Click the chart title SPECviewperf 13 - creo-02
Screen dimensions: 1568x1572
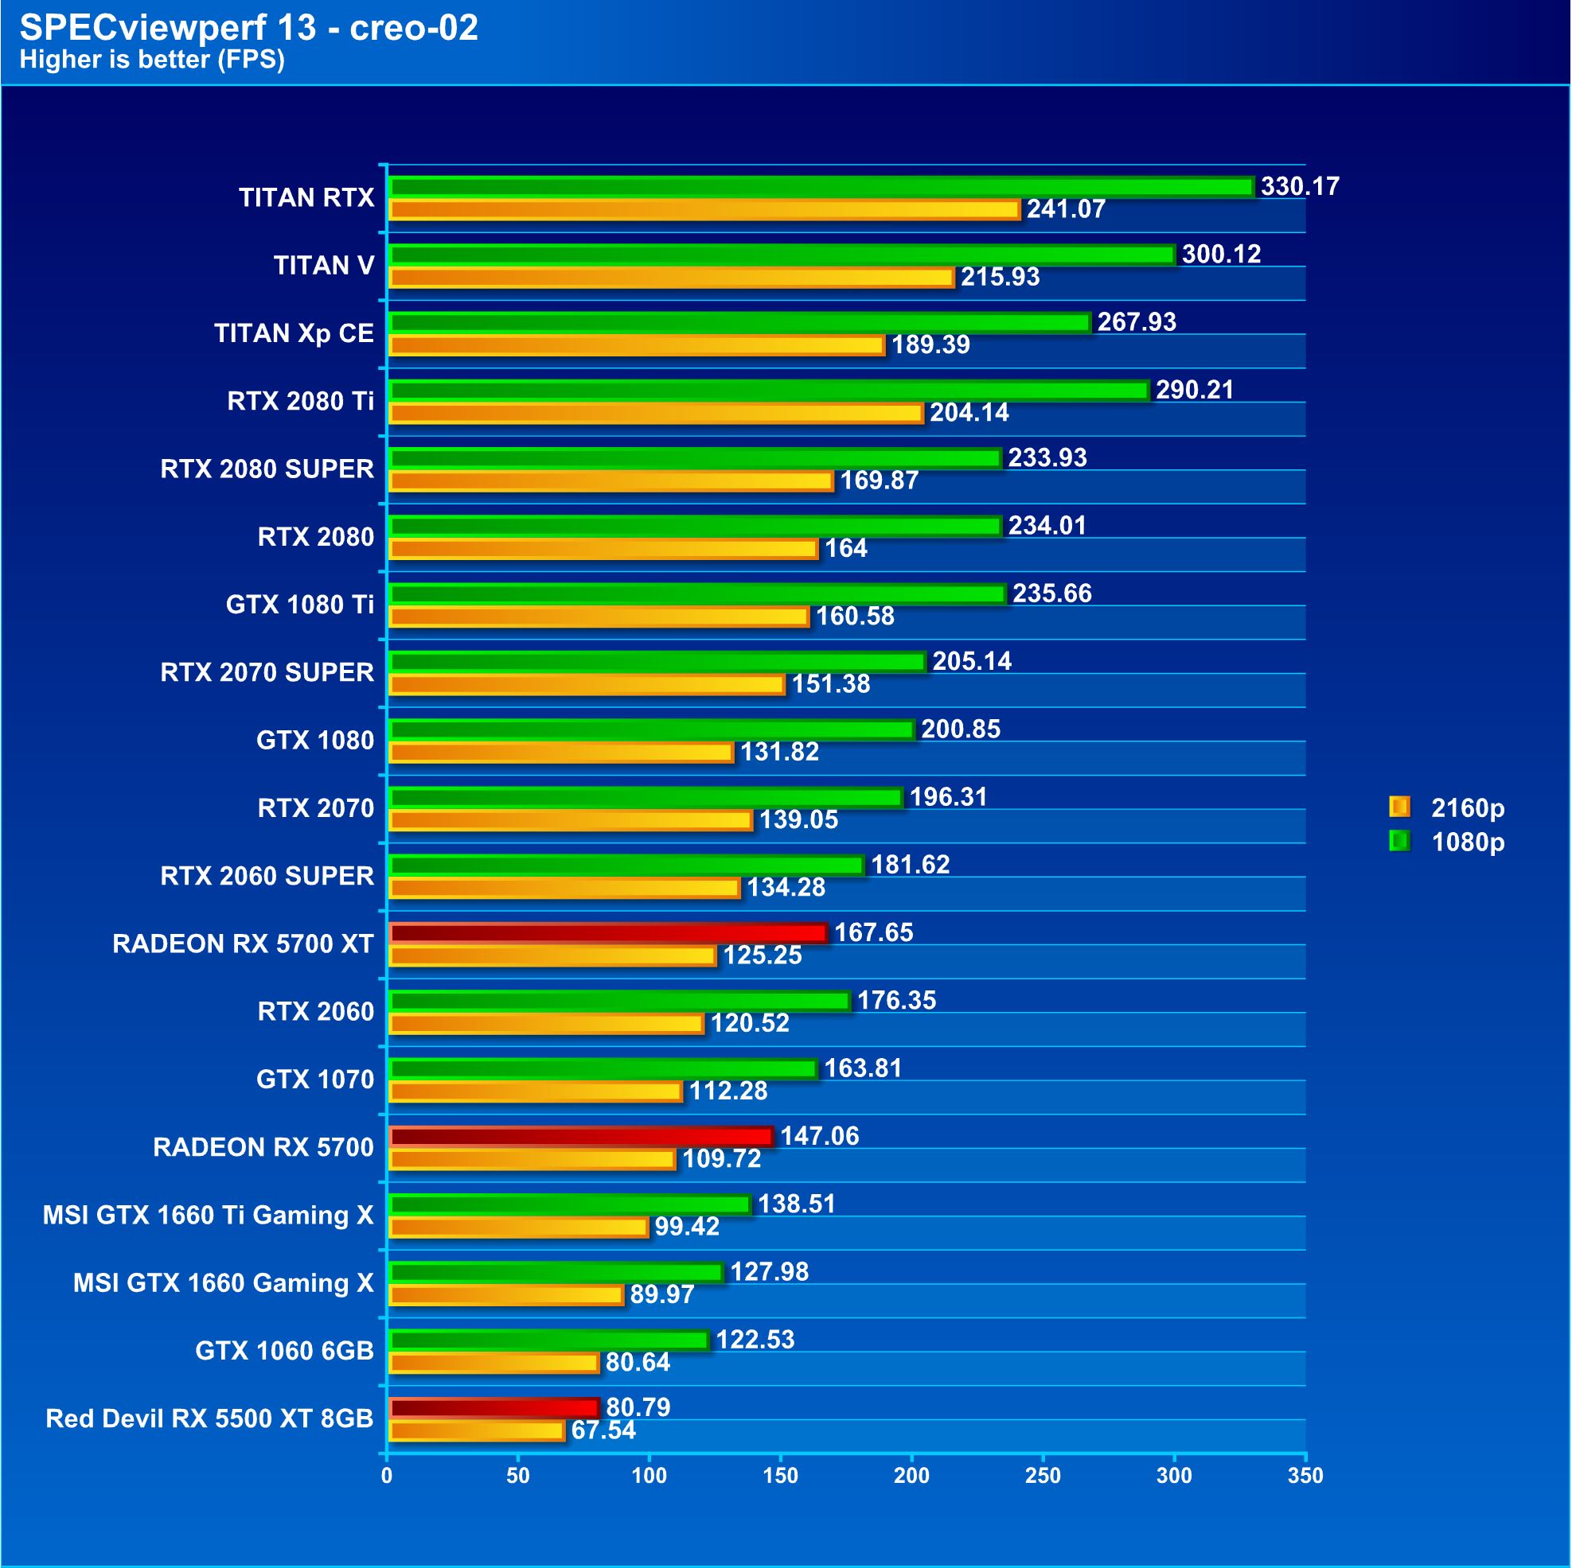coord(248,28)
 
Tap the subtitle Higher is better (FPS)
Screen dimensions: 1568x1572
coord(152,60)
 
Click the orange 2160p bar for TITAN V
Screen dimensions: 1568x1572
coord(671,278)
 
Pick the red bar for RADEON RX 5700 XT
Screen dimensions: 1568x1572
coord(608,933)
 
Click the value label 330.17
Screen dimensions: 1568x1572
coord(1300,186)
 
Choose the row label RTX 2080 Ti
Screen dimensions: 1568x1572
coord(300,401)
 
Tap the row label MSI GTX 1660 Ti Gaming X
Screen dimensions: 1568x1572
coord(209,1215)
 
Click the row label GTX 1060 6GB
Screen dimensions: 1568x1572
coord(284,1351)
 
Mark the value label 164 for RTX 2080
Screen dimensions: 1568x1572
coord(845,549)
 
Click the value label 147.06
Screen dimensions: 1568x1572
coord(819,1136)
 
